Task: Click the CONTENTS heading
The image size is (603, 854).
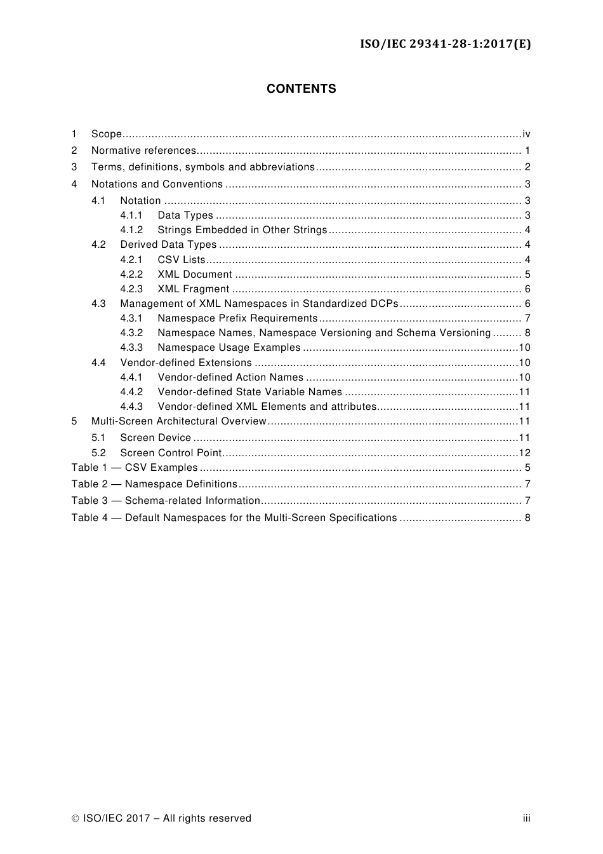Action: coord(301,89)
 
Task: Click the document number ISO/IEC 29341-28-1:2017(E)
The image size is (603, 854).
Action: coord(446,44)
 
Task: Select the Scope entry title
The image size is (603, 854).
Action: coord(106,134)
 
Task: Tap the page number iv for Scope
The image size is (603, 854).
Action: coord(526,134)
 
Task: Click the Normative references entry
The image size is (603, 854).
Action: coord(143,151)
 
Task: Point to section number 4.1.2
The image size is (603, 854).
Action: coord(131,230)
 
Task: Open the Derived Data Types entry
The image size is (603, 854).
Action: coord(168,245)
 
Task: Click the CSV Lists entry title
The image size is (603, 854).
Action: coord(182,260)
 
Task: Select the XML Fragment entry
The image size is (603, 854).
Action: coord(193,289)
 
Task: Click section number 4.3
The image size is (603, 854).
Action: coord(98,304)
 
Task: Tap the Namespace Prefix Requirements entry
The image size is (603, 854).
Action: coord(237,318)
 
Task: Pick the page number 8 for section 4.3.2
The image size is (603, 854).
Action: coord(527,333)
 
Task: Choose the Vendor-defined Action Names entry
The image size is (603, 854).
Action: coord(230,377)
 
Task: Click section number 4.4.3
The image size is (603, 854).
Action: coord(131,407)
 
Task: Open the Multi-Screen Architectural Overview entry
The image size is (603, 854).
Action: coord(178,421)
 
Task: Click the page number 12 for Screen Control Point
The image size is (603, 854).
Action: coord(524,453)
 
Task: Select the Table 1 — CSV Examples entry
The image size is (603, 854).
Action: coord(135,468)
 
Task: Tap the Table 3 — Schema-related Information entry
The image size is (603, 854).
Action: coord(166,501)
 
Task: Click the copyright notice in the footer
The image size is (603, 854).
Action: coord(161,818)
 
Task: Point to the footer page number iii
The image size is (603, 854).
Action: coord(526,818)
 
